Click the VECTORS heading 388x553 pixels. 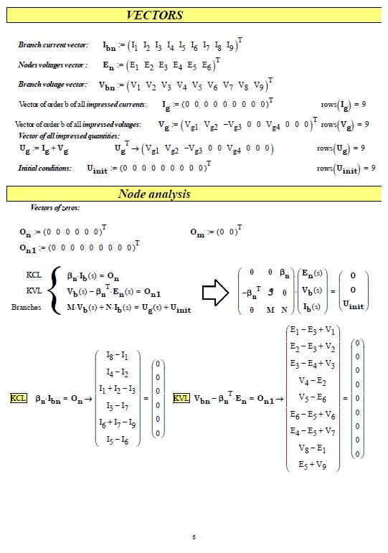[x=155, y=15]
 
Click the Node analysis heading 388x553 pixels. [x=154, y=194]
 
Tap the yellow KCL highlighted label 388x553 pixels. [x=18, y=398]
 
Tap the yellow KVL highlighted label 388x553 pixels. [x=181, y=398]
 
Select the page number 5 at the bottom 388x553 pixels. [x=194, y=536]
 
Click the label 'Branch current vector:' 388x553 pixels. [x=53, y=45]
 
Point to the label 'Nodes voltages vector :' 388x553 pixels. [x=53, y=65]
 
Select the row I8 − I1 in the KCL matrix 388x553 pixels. [x=118, y=356]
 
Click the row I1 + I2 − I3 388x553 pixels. [x=118, y=389]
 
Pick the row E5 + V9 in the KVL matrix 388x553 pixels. [x=313, y=464]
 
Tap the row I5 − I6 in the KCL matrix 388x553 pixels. [x=118, y=440]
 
